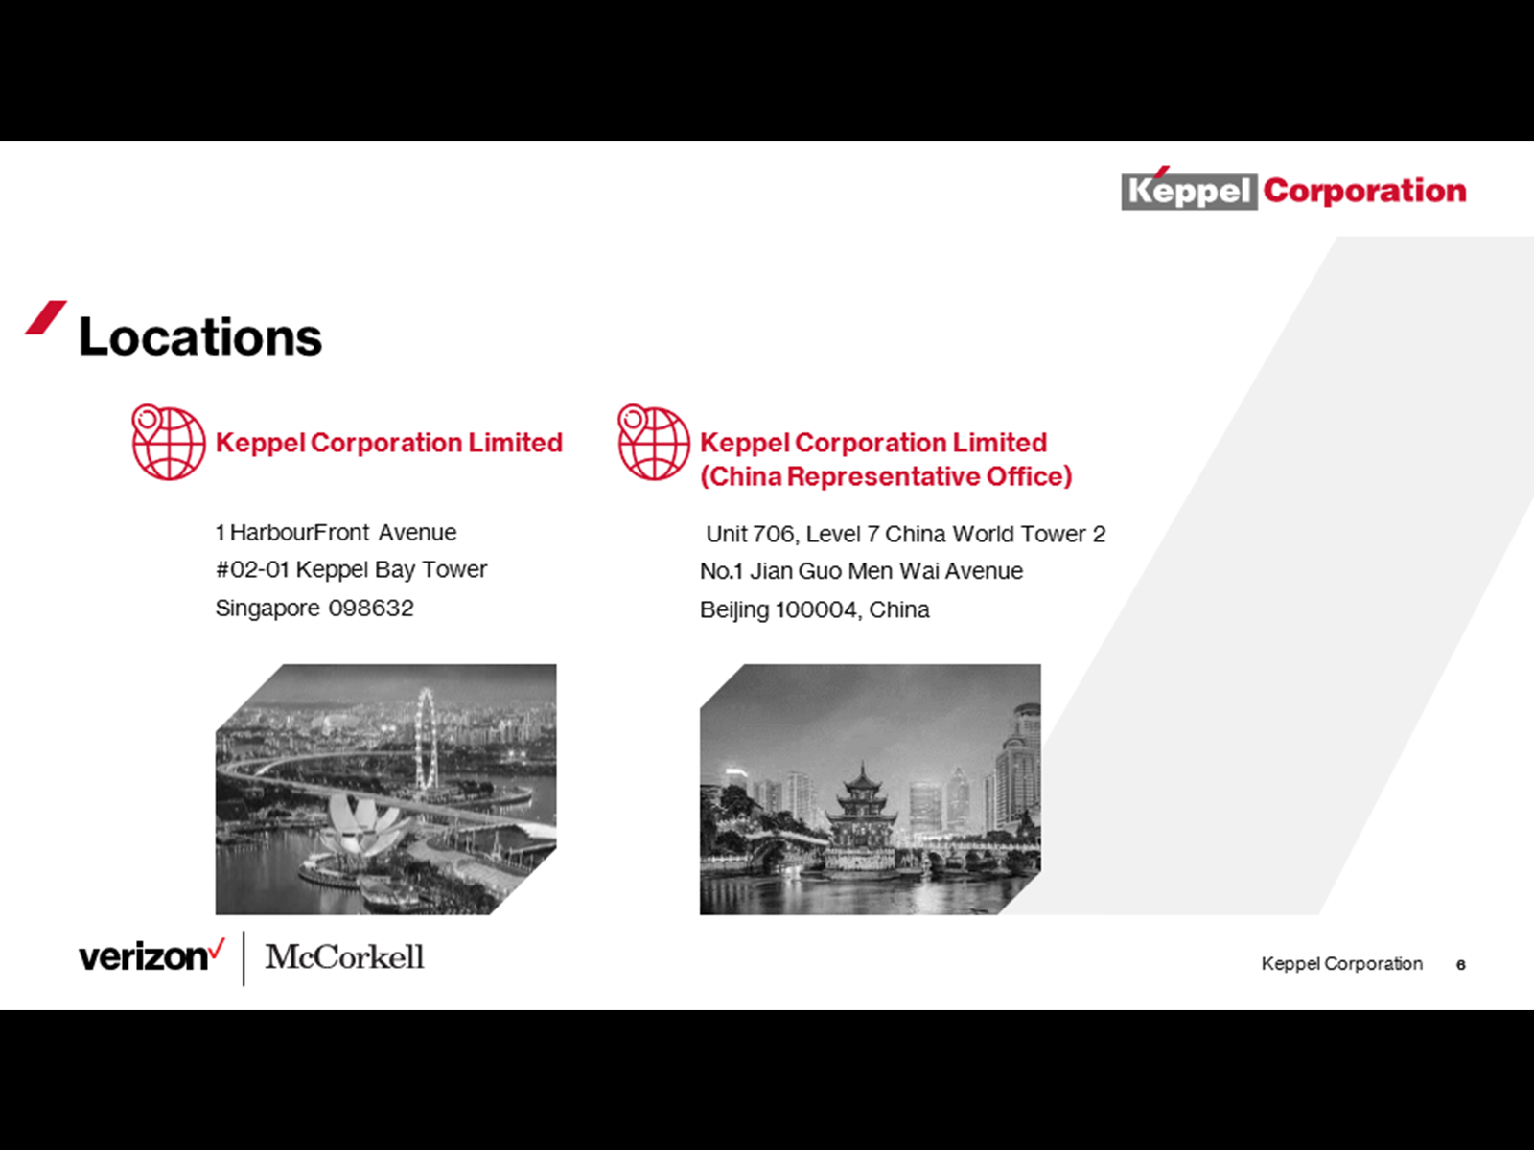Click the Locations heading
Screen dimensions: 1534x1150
coord(199,336)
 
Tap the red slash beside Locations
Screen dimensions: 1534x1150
coord(46,318)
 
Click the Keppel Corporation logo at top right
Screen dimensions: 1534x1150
coord(1293,189)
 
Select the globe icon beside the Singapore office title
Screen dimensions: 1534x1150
coord(169,442)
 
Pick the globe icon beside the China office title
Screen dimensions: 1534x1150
coord(654,442)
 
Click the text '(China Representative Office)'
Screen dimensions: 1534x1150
coord(886,477)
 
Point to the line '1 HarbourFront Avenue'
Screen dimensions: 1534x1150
coord(337,533)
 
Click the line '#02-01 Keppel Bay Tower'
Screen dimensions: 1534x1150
coord(352,570)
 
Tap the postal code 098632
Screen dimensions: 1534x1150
coord(371,609)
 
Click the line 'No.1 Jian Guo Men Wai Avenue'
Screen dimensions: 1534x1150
coord(862,571)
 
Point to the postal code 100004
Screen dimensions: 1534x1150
coord(816,609)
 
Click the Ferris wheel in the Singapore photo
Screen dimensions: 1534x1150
coord(425,739)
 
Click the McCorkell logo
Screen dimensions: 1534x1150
coord(344,956)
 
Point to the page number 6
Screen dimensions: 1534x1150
coord(1460,965)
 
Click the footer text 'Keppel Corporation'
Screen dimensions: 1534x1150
coord(1342,963)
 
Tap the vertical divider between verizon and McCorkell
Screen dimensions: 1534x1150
coord(244,958)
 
